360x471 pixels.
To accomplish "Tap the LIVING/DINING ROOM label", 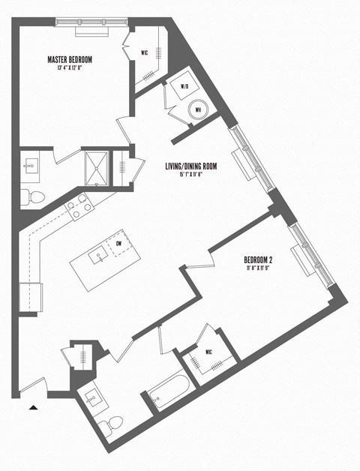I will (190, 167).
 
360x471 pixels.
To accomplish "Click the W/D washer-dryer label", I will (184, 87).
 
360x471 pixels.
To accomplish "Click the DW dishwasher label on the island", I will (118, 243).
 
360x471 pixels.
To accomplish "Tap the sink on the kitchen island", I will (98, 258).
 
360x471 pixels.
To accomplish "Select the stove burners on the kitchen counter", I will (78, 205).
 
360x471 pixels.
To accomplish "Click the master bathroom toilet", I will (33, 197).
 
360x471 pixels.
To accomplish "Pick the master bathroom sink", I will (33, 166).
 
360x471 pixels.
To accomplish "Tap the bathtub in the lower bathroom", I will (166, 391).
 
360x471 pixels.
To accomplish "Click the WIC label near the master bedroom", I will (145, 52).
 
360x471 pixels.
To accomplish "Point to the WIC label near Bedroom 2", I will (199, 352).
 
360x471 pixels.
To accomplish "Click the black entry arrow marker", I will (33, 407).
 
